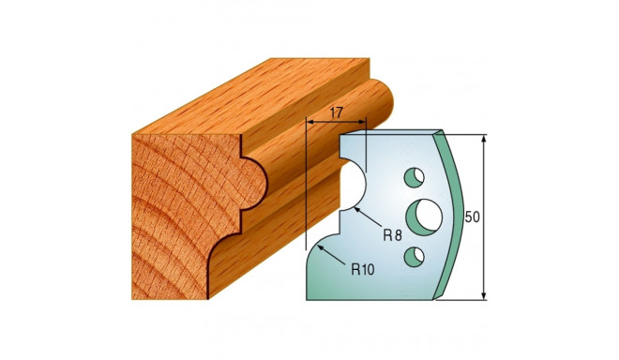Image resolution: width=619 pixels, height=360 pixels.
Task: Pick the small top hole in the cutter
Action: [412, 175]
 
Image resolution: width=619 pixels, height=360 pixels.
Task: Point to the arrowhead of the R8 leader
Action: [357, 212]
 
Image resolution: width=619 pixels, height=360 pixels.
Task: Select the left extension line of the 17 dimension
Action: [306, 178]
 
